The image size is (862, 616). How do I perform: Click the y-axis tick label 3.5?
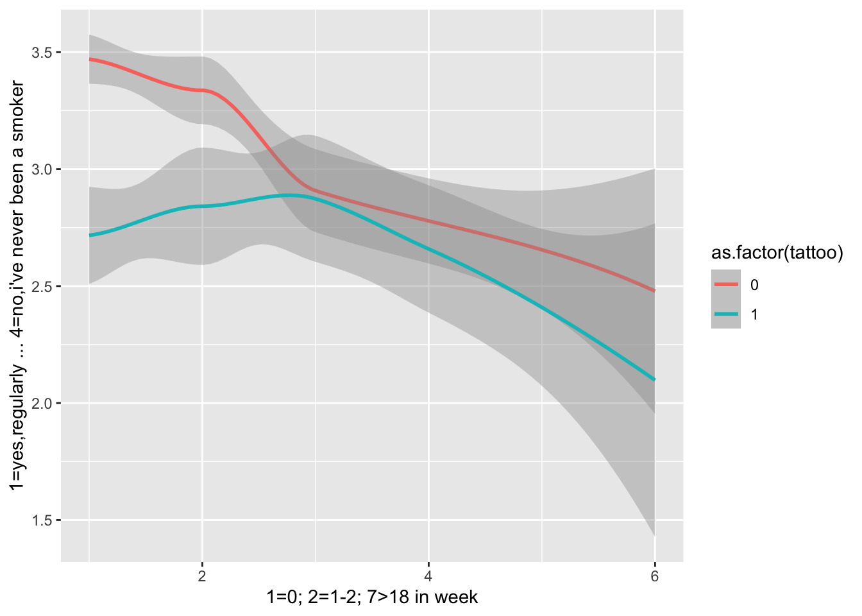pyautogui.click(x=43, y=53)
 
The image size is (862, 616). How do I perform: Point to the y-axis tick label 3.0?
pyautogui.click(x=43, y=169)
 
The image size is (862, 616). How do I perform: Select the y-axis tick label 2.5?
pyautogui.click(x=43, y=286)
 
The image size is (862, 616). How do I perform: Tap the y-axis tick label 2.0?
pyautogui.click(x=43, y=404)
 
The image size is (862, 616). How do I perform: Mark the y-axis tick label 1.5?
pyautogui.click(x=43, y=520)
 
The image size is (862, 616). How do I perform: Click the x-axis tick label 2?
pyautogui.click(x=202, y=576)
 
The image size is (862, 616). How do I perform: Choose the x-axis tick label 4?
pyautogui.click(x=428, y=576)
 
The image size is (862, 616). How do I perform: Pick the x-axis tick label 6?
pyautogui.click(x=654, y=576)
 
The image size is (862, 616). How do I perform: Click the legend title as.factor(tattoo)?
pyautogui.click(x=777, y=253)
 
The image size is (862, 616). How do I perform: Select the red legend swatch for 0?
pyautogui.click(x=725, y=284)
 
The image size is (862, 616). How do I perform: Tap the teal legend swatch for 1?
pyautogui.click(x=725, y=314)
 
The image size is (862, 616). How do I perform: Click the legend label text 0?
pyautogui.click(x=754, y=285)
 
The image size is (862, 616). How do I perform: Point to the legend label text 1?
pyautogui.click(x=754, y=315)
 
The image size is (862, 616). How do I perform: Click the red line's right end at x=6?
pyautogui.click(x=654, y=291)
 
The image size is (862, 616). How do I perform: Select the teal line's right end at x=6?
pyautogui.click(x=654, y=380)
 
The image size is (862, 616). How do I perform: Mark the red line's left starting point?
pyautogui.click(x=90, y=59)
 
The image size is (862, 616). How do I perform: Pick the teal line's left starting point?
pyautogui.click(x=90, y=235)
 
